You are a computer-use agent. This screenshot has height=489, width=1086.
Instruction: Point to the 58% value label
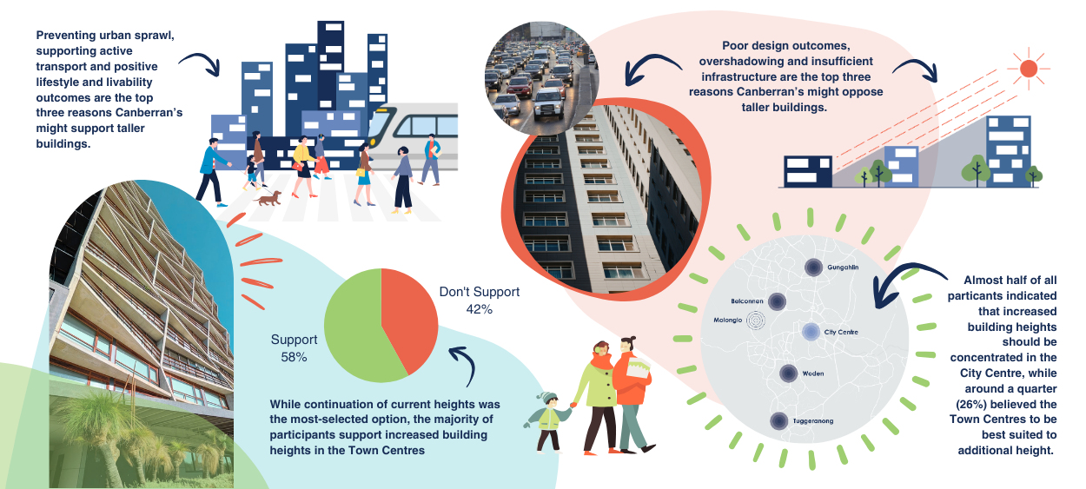click(295, 356)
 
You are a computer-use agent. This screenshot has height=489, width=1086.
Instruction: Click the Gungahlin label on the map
click(843, 268)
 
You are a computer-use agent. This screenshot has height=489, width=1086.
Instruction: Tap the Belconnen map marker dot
click(777, 301)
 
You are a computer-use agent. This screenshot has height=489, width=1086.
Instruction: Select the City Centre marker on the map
click(810, 331)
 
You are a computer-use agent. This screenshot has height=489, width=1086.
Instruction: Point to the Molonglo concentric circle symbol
click(758, 320)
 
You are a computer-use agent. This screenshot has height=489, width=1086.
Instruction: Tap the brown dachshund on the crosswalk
click(268, 199)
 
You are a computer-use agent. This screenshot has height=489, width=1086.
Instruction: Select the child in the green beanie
click(547, 421)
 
